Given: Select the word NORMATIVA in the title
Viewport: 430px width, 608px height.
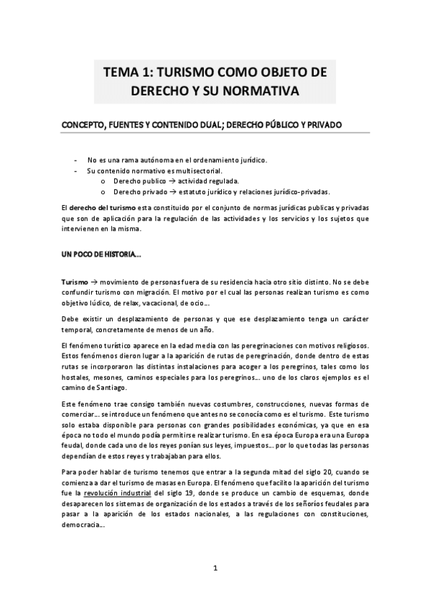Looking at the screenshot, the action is pyautogui.click(x=261, y=92).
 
